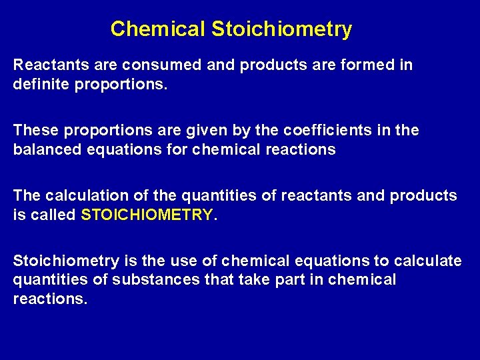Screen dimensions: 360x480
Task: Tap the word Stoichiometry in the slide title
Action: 281,29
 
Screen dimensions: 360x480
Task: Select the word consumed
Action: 148,65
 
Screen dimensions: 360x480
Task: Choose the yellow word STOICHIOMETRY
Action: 147,215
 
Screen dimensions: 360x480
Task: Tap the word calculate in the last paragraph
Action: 427,261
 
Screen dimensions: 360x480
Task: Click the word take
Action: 261,279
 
